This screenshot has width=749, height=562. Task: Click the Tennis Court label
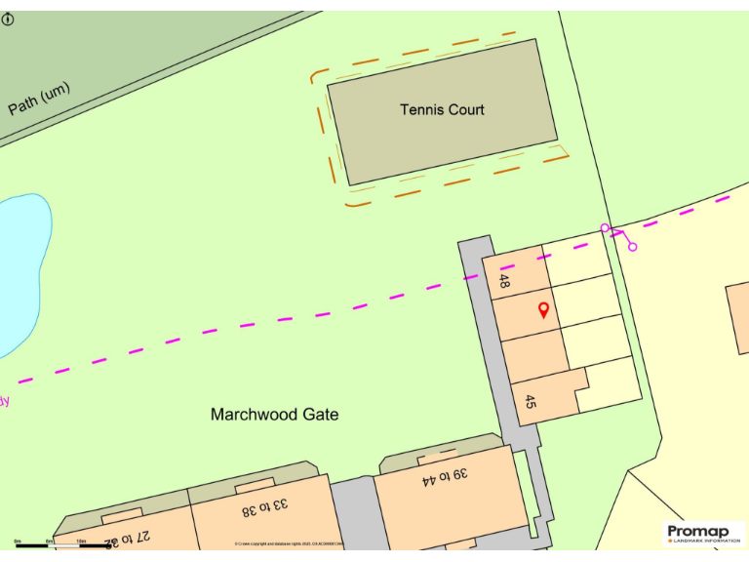coord(442,109)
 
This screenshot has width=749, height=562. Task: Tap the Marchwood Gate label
coord(274,415)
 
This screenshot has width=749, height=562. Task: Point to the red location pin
coord(543,310)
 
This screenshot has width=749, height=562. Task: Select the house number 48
coord(504,281)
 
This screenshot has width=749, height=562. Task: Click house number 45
coord(531,402)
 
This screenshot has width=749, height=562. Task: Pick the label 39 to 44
coord(446,477)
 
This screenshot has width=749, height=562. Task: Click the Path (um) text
coord(39,98)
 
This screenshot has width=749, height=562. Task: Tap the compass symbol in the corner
coord(8,19)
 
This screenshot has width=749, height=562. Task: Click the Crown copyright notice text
coord(289,543)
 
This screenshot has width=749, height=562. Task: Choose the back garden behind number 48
coord(577,259)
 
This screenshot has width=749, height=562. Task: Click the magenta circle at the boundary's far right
coord(632,247)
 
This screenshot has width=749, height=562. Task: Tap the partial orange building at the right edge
coord(739,317)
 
